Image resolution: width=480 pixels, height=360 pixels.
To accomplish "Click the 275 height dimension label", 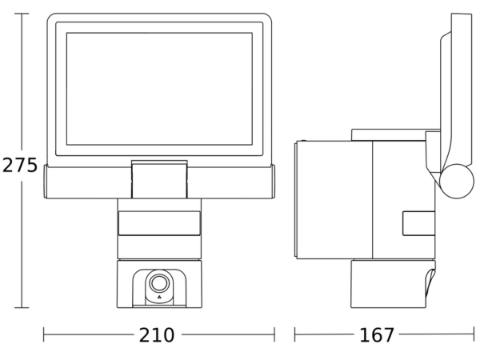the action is pos(19,166).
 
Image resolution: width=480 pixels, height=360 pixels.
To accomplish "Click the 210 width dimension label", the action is pos(157,335).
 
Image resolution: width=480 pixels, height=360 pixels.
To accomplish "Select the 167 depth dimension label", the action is pos(377,335).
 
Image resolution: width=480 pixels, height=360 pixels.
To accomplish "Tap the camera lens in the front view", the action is pos(159,283).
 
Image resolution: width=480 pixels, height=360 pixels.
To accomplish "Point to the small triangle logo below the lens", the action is pos(159,297).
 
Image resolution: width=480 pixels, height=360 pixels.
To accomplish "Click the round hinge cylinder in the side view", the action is pos(457,182).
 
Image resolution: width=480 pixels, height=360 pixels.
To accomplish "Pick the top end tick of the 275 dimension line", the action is pos(22,14).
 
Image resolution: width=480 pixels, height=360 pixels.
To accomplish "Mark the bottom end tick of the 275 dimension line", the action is pos(22,308).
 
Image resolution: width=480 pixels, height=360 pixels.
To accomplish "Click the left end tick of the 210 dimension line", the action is pos(43,334).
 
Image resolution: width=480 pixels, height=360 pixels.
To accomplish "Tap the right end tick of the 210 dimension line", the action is pos(274,334).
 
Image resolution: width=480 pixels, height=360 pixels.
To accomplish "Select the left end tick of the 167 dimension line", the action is pos(294,334).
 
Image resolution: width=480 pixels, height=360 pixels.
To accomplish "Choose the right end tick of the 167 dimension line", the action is pos(474,334).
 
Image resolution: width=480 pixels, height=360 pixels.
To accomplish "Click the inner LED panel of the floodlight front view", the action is pos(159,89).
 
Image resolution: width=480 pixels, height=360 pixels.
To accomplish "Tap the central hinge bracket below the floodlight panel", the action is pos(159,179).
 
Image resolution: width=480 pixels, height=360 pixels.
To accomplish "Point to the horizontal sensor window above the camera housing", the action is pos(159,223).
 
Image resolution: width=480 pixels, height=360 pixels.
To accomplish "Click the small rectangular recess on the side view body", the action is pos(418,223).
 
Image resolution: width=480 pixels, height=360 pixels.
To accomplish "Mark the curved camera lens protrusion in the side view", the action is pos(430,283).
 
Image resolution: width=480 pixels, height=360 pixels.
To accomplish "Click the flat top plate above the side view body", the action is pos(389,134).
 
